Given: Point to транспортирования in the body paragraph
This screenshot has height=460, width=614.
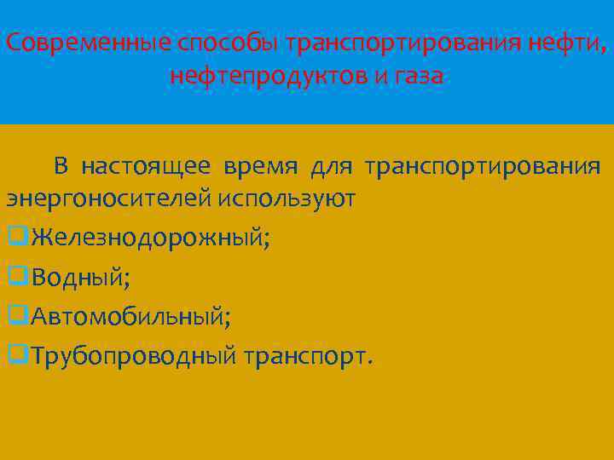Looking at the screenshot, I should tap(482, 165).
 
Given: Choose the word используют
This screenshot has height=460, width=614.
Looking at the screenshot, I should tap(286, 198).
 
